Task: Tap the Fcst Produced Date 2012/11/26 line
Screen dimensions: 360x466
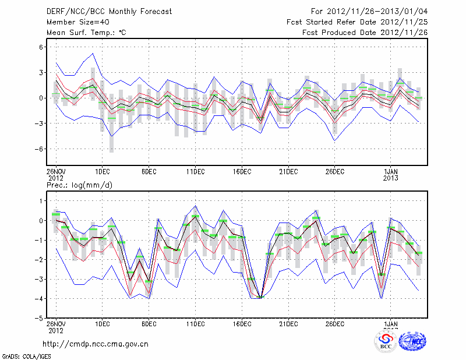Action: (x=365, y=33)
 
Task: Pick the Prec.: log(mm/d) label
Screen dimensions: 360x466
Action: (x=80, y=185)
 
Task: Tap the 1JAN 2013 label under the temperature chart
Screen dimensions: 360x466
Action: (x=390, y=174)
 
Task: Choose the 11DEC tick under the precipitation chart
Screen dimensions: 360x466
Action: (x=195, y=324)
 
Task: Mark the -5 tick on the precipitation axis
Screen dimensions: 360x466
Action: (x=41, y=319)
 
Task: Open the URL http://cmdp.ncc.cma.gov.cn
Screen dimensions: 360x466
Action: (x=96, y=344)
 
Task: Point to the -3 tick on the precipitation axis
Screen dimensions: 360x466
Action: (x=41, y=279)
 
